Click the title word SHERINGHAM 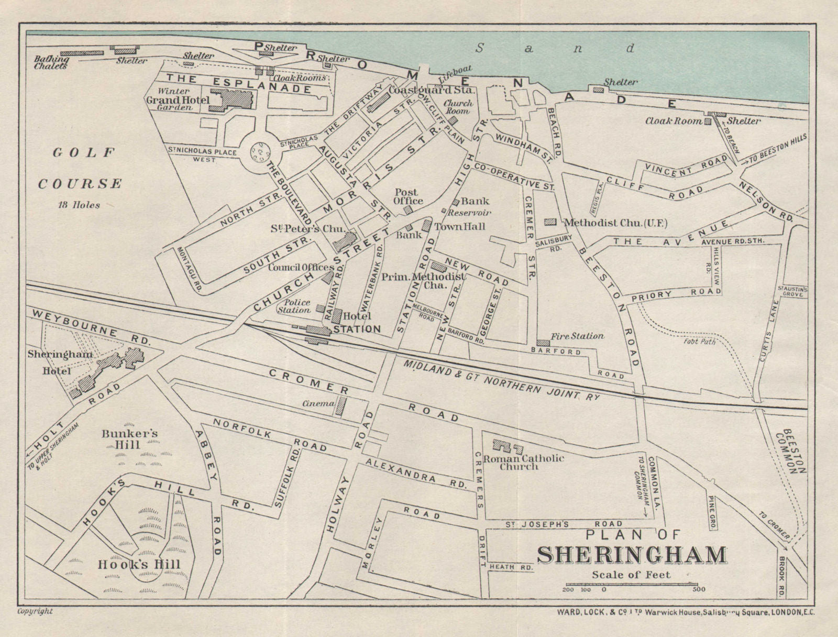tap(632, 555)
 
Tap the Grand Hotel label tap(178, 100)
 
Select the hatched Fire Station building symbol tap(543, 343)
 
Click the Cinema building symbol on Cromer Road tap(341, 406)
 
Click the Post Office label tap(409, 196)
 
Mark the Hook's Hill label tap(139, 565)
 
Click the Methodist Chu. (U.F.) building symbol tap(550, 222)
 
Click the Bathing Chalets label tap(51, 63)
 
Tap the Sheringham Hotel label tap(60, 362)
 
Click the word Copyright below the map tap(35, 611)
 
